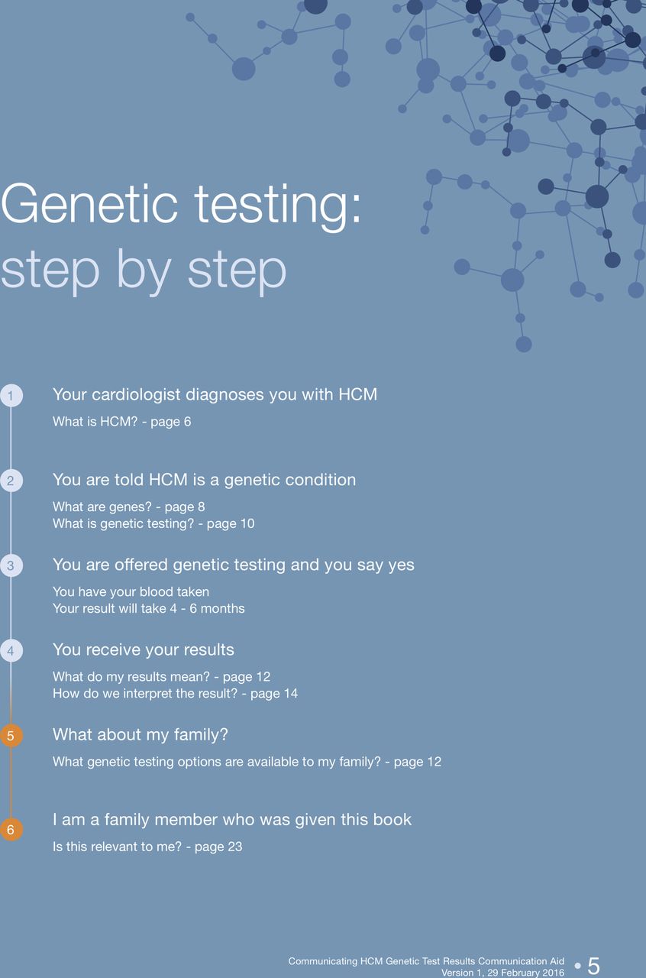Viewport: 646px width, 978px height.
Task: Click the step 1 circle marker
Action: [11, 396]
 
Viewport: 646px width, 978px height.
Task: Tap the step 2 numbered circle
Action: [11, 481]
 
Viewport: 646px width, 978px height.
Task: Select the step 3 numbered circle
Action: [11, 565]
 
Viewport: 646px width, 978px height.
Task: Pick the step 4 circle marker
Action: [11, 650]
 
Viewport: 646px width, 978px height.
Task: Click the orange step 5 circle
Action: [11, 736]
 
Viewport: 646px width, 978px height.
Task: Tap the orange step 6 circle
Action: [11, 829]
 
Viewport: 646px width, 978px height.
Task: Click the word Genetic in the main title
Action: [90, 204]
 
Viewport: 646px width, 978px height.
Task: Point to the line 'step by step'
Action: [144, 270]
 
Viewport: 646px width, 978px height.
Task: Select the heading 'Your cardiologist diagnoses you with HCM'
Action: [215, 395]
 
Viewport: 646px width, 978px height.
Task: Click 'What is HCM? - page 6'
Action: [121, 422]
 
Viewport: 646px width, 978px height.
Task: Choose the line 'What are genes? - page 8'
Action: [129, 507]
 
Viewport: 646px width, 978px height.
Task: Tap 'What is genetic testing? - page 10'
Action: [153, 523]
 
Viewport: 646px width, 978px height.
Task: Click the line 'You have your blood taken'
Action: [131, 592]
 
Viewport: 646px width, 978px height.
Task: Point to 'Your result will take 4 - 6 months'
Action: [149, 609]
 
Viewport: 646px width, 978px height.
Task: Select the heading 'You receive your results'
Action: [144, 650]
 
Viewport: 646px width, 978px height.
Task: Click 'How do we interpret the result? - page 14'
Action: [175, 693]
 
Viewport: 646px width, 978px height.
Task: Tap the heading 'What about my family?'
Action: [141, 735]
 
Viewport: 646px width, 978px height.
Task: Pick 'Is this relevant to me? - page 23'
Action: [147, 847]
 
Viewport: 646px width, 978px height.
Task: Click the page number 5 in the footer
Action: [593, 965]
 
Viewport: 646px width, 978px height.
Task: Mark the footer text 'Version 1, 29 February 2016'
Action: [503, 973]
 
